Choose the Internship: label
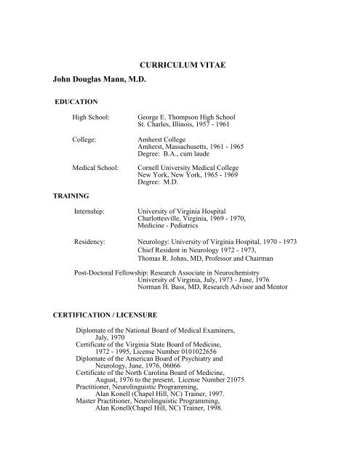click(93, 209)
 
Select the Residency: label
click(92, 239)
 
